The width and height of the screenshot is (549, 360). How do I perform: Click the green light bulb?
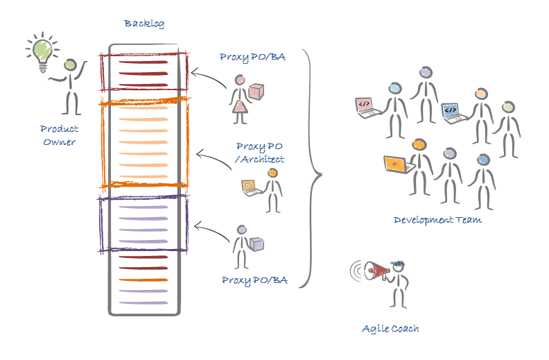click(41, 50)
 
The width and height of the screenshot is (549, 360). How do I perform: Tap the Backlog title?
click(144, 24)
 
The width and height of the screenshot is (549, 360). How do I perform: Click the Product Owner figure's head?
click(71, 65)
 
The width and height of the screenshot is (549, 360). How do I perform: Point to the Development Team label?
click(437, 220)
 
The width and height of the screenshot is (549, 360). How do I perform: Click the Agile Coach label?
click(390, 328)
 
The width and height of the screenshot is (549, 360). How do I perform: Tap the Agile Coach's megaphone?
click(374, 271)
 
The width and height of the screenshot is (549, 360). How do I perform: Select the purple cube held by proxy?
click(258, 243)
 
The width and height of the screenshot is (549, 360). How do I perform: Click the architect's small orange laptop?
click(249, 186)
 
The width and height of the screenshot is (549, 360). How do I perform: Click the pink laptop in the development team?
click(365, 105)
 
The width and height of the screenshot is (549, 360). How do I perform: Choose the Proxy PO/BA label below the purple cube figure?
click(254, 280)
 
